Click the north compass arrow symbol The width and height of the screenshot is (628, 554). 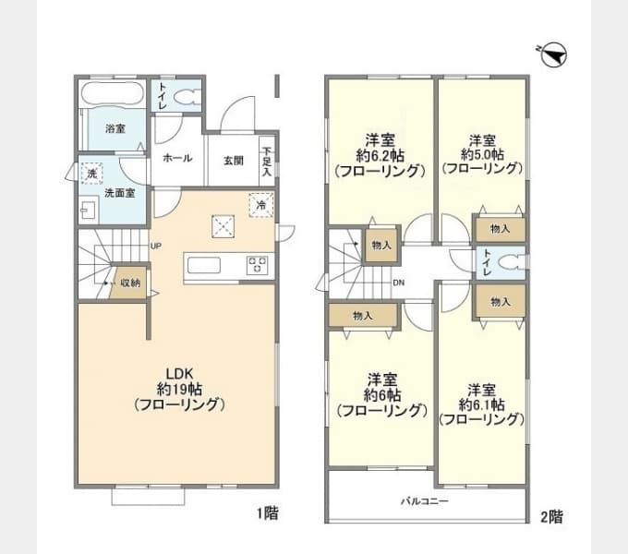click(552, 54)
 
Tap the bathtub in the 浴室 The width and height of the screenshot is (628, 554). click(112, 94)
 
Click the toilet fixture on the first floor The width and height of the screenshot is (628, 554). click(187, 97)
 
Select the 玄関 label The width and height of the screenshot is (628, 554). click(234, 161)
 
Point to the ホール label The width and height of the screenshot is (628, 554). click(177, 158)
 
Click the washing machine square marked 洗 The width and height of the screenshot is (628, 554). click(92, 174)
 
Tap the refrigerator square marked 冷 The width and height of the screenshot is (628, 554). click(261, 205)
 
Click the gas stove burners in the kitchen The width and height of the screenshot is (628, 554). click(257, 265)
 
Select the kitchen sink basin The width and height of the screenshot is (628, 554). click(204, 265)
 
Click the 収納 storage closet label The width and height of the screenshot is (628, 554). click(131, 283)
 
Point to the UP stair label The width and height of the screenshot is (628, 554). click(156, 247)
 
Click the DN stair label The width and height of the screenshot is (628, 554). click(399, 283)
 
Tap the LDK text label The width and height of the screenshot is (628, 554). click(180, 374)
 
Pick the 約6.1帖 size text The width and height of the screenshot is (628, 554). click(481, 404)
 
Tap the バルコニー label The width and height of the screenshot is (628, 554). click(425, 500)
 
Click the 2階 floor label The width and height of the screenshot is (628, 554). click(551, 517)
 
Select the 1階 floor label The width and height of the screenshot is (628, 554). click(268, 512)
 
